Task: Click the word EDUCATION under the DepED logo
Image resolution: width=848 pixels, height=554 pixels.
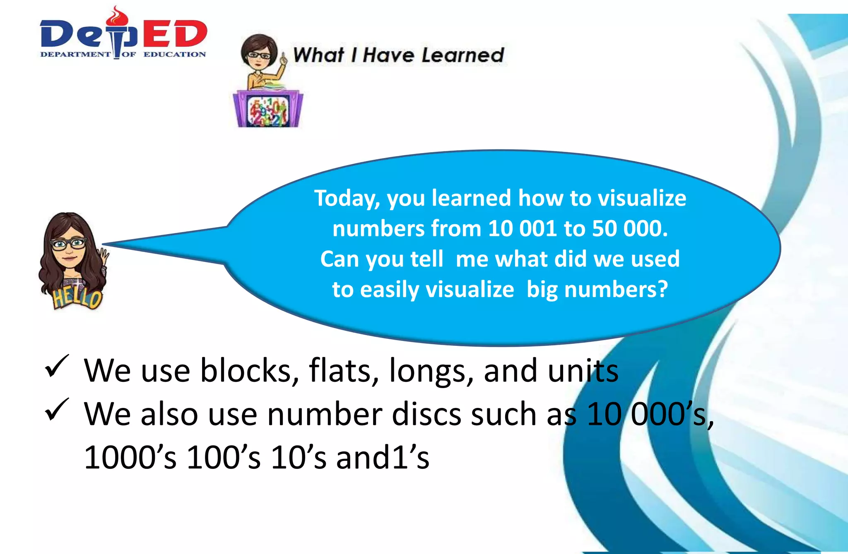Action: click(174, 54)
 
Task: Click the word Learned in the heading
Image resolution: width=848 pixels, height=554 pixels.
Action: click(463, 55)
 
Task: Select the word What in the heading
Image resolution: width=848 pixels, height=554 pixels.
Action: click(318, 55)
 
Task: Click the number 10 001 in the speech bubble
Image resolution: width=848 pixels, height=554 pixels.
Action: click(522, 229)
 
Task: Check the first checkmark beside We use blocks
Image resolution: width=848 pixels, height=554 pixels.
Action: click(57, 366)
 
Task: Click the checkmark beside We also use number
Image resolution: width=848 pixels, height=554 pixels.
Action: click(57, 410)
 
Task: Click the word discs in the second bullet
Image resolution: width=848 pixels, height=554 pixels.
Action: click(426, 414)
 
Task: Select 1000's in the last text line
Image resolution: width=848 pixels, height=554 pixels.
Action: click(130, 458)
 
